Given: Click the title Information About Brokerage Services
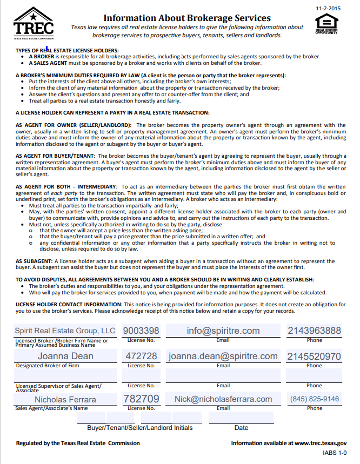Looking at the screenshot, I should (x=187, y=18).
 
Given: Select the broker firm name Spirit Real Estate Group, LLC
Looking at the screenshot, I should (x=65, y=331).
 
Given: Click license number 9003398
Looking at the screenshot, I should (x=141, y=331).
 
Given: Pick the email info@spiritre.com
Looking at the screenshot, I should (x=223, y=331).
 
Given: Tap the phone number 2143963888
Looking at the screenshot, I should (x=314, y=331).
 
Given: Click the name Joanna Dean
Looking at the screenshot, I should (x=65, y=357).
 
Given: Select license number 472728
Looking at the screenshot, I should (x=141, y=357).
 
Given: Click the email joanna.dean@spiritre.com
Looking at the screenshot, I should (x=223, y=357).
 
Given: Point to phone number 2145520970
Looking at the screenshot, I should (x=314, y=357).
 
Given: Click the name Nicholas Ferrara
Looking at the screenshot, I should (x=65, y=400).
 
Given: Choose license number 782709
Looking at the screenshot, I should (x=142, y=399).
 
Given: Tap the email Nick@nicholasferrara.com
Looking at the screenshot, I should (x=223, y=399).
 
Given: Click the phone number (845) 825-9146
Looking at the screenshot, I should (x=315, y=399).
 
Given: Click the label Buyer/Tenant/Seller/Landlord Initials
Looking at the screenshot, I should (x=139, y=428).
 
